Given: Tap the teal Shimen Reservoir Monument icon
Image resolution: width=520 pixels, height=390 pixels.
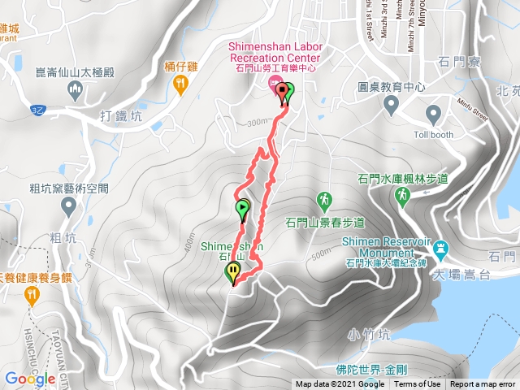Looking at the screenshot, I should pos(440,247).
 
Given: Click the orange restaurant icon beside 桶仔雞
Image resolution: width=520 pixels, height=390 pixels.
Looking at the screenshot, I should pos(181,82).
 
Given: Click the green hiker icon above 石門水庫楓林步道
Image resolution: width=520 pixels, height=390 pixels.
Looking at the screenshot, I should pos(402,195).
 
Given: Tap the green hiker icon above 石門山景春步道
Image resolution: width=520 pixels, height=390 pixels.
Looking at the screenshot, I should pos(324,200).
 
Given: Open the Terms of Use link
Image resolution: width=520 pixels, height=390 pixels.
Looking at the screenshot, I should pos(418,384).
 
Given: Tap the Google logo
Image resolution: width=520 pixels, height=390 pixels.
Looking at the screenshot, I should pos(29,379).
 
